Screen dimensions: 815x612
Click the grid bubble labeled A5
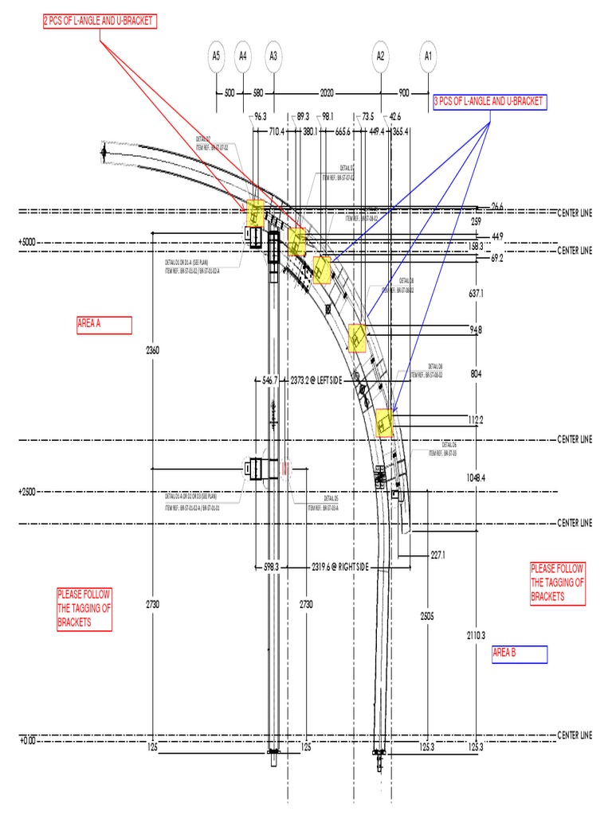216,56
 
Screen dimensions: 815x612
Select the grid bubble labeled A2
381,56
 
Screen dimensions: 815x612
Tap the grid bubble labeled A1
429,56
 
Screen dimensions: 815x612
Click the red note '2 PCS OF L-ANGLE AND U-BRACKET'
98,21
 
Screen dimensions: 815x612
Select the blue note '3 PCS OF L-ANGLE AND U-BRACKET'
488,101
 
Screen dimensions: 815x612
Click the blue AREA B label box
519,653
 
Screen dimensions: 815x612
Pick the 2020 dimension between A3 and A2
327,93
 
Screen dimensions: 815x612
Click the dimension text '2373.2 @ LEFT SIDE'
316,380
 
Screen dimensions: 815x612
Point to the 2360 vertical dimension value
153,349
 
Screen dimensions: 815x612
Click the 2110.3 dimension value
477,634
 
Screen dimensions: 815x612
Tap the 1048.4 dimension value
477,478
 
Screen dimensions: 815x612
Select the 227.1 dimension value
437,555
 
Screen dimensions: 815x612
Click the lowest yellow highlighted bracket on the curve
385,423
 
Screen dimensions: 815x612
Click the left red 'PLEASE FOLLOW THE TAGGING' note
84,609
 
